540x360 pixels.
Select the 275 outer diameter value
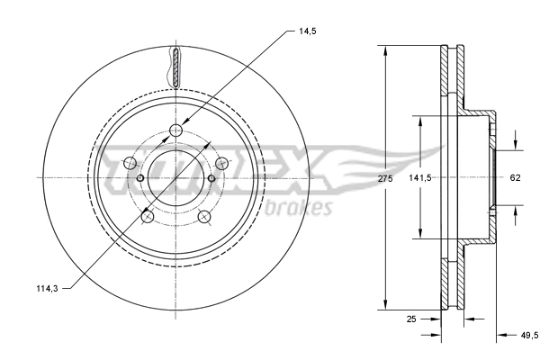[385, 179]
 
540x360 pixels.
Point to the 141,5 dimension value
[421, 178]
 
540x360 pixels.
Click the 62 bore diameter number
[516, 178]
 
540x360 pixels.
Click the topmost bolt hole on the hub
[175, 132]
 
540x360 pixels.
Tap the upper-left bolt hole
[129, 163]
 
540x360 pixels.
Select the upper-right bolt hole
[221, 162]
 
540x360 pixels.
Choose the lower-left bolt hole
[147, 216]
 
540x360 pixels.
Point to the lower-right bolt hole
[203, 216]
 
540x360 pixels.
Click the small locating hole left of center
[140, 177]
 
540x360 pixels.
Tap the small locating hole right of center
[211, 177]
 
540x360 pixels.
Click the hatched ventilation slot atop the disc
[175, 67]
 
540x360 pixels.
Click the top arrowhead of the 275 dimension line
[385, 47]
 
